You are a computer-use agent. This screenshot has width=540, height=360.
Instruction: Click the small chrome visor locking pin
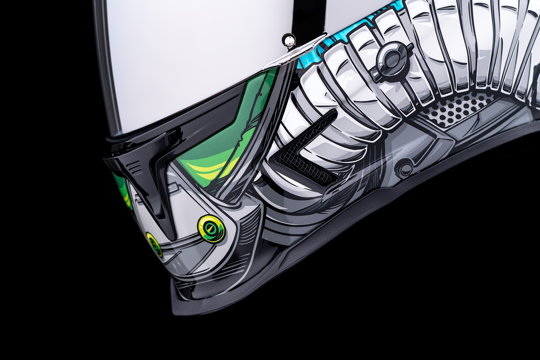click(289, 40)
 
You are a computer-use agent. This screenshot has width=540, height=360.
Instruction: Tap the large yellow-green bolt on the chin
click(211, 228)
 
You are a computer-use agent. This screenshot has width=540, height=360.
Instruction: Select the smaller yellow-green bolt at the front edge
click(154, 244)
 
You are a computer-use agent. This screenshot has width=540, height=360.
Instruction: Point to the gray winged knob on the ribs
click(391, 60)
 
